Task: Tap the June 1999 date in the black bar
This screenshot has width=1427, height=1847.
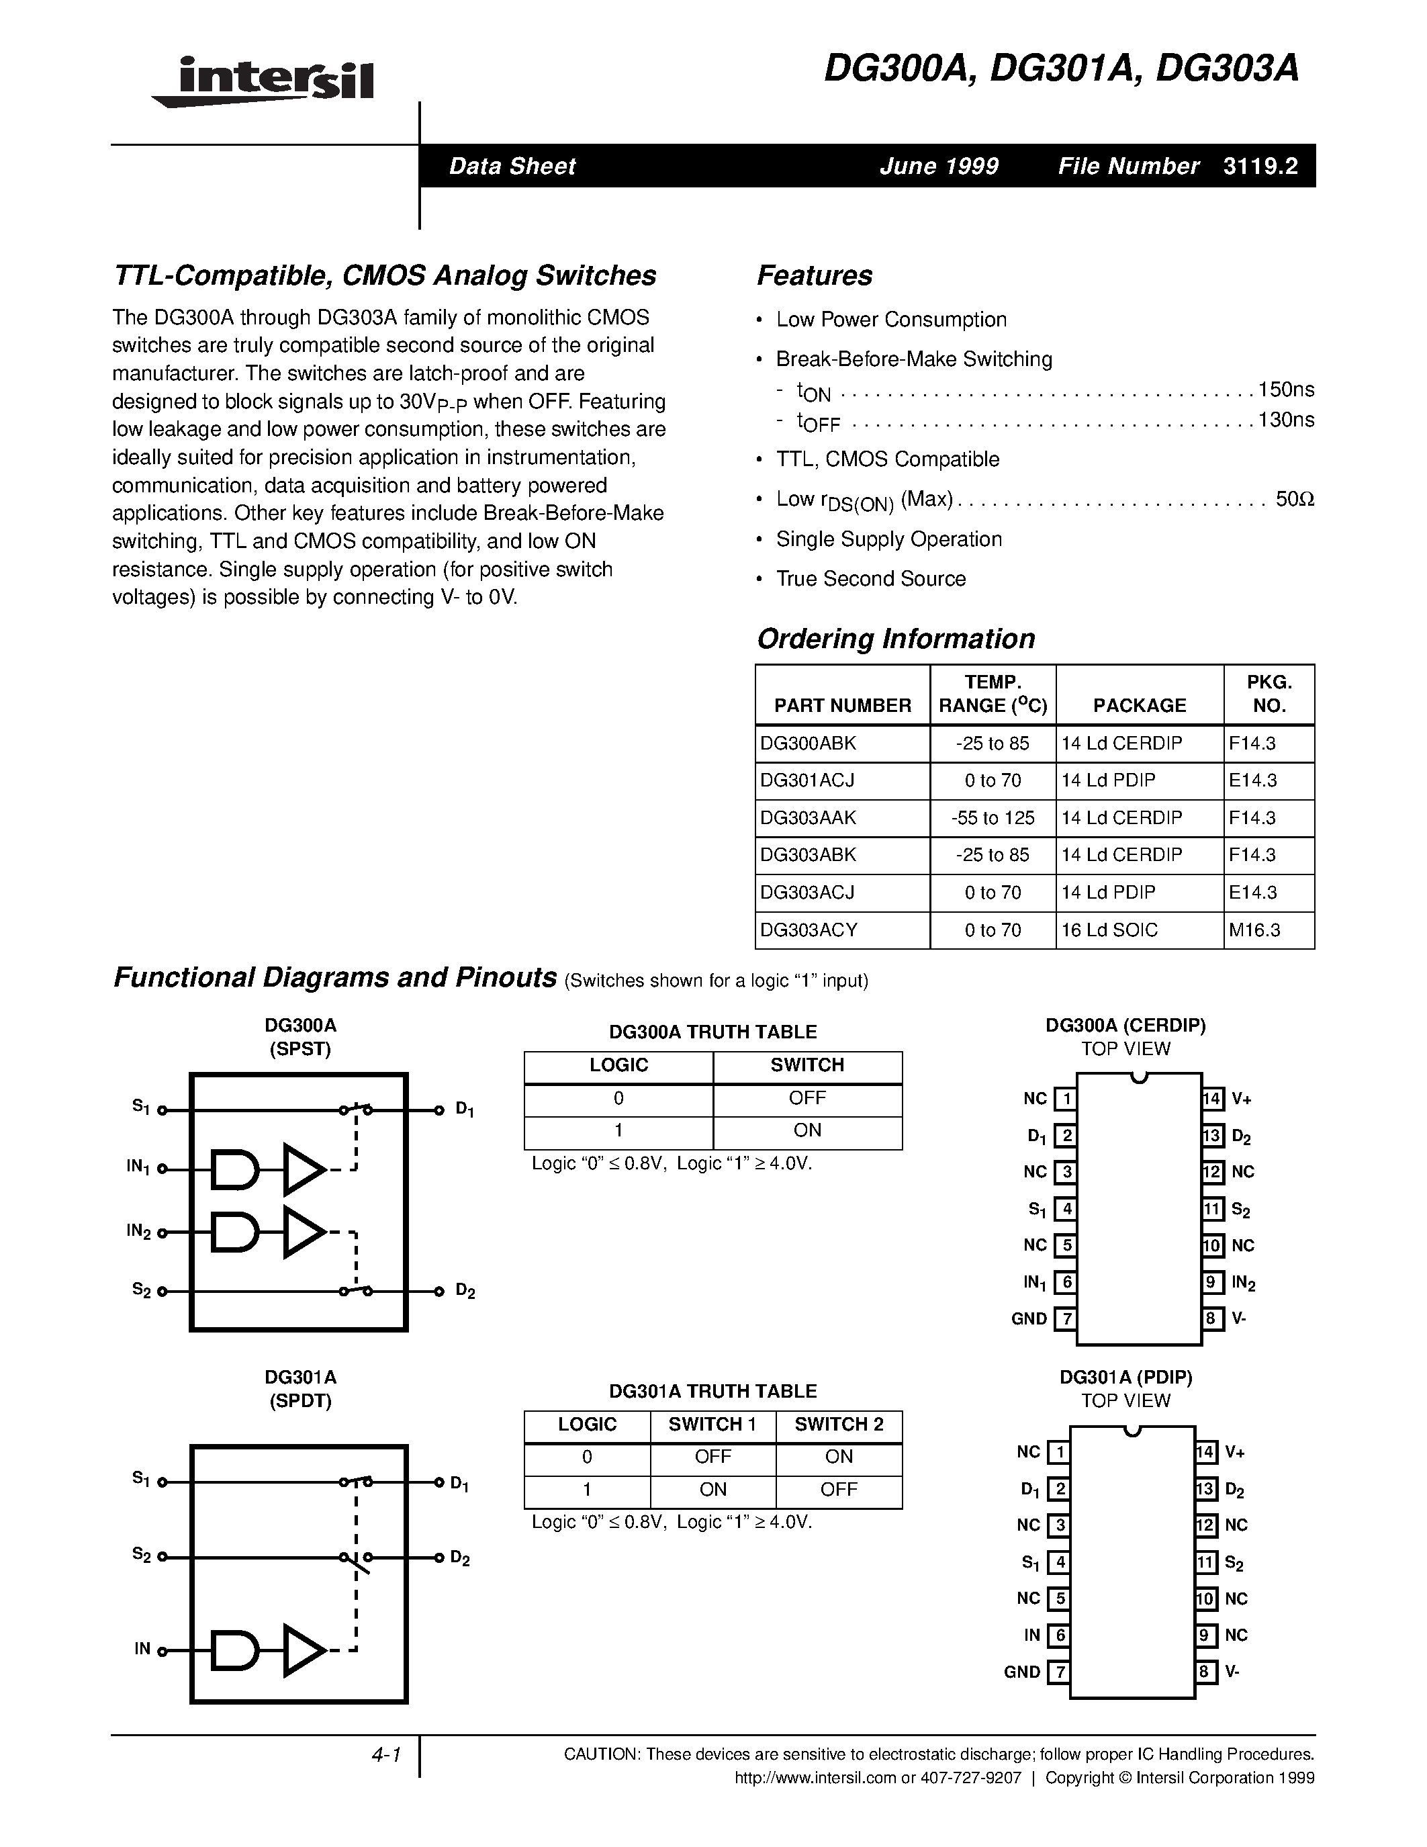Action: (x=938, y=166)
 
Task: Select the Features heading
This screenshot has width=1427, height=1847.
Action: (x=814, y=275)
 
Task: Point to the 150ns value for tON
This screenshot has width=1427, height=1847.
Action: (x=1286, y=390)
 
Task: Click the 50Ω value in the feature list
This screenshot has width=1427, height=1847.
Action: (x=1294, y=499)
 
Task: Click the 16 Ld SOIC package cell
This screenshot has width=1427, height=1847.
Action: (x=1109, y=930)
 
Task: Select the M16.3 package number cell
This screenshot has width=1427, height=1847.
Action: (x=1254, y=930)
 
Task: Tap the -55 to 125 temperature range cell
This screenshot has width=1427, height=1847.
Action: (x=993, y=818)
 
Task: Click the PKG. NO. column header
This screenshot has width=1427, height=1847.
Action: (x=1269, y=694)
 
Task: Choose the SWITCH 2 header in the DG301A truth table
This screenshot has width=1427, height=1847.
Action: (x=839, y=1424)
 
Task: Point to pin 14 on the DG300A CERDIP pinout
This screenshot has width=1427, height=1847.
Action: (x=1212, y=1099)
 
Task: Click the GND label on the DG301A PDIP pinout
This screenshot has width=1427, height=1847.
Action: (x=1022, y=1672)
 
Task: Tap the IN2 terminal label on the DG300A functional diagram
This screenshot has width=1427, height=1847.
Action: (x=138, y=1231)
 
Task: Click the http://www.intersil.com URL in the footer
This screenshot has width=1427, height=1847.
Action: (x=815, y=1778)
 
